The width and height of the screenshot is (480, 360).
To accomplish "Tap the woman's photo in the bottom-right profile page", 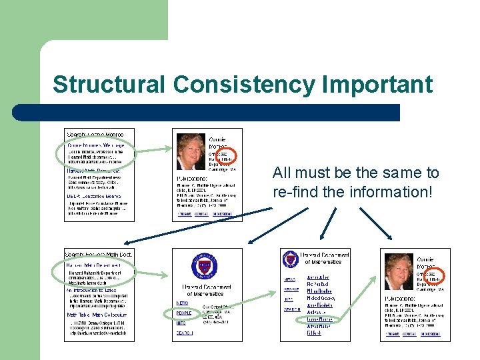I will (x=399, y=271).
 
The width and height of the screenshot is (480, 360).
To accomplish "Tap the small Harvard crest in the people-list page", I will (x=290, y=259).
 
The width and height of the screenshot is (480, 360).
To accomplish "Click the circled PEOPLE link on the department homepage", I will (x=183, y=313).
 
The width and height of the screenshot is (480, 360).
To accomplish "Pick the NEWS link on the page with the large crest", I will (x=182, y=303).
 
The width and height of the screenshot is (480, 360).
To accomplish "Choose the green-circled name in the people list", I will (x=320, y=319).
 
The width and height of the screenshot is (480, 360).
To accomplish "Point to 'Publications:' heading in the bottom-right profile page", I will (x=399, y=299).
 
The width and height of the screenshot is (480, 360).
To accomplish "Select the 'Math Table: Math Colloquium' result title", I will (x=96, y=315).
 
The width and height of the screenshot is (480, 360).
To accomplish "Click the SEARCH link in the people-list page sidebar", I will (x=291, y=309).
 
